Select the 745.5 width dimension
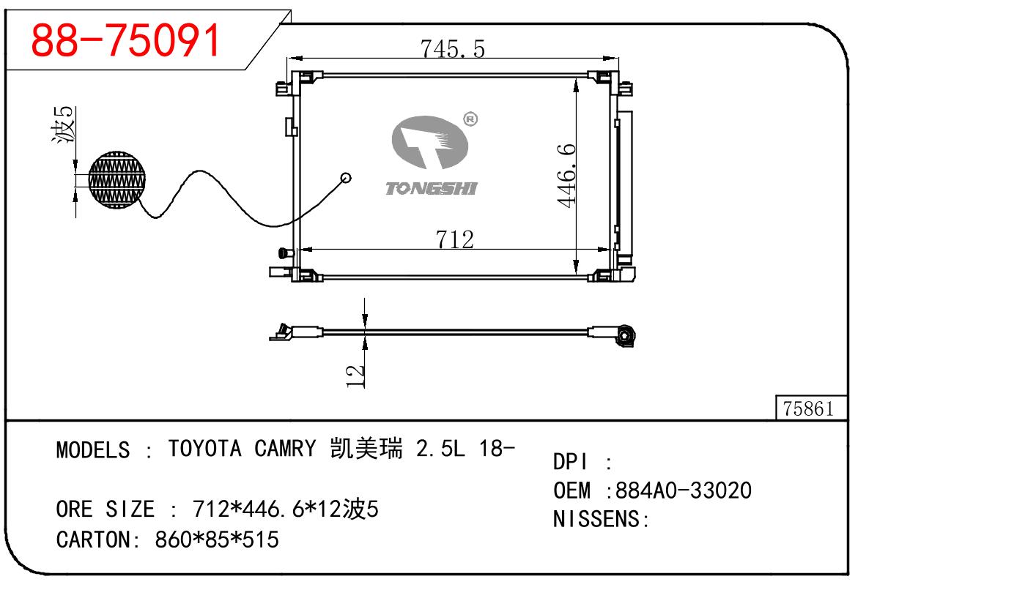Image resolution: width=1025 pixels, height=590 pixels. (452, 48)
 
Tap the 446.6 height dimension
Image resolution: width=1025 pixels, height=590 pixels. (569, 175)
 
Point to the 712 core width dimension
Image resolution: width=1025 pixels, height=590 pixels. (454, 239)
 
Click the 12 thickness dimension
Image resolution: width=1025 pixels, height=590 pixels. (355, 376)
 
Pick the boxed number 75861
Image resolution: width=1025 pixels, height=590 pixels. (808, 408)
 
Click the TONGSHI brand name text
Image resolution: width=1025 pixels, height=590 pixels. (431, 189)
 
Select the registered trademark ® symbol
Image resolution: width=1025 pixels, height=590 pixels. (470, 119)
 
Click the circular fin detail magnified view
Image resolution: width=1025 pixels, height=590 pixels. (117, 179)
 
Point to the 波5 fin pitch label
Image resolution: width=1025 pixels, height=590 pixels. (64, 124)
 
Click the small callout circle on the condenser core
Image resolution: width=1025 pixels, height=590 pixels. (346, 177)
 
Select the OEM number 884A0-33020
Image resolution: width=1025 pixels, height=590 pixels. (684, 490)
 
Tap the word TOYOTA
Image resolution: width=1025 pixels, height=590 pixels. (204, 448)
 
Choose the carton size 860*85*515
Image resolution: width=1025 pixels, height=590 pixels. (217, 539)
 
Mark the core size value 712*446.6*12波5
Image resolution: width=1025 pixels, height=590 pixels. (285, 508)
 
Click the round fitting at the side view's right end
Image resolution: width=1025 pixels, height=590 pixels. (626, 337)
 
